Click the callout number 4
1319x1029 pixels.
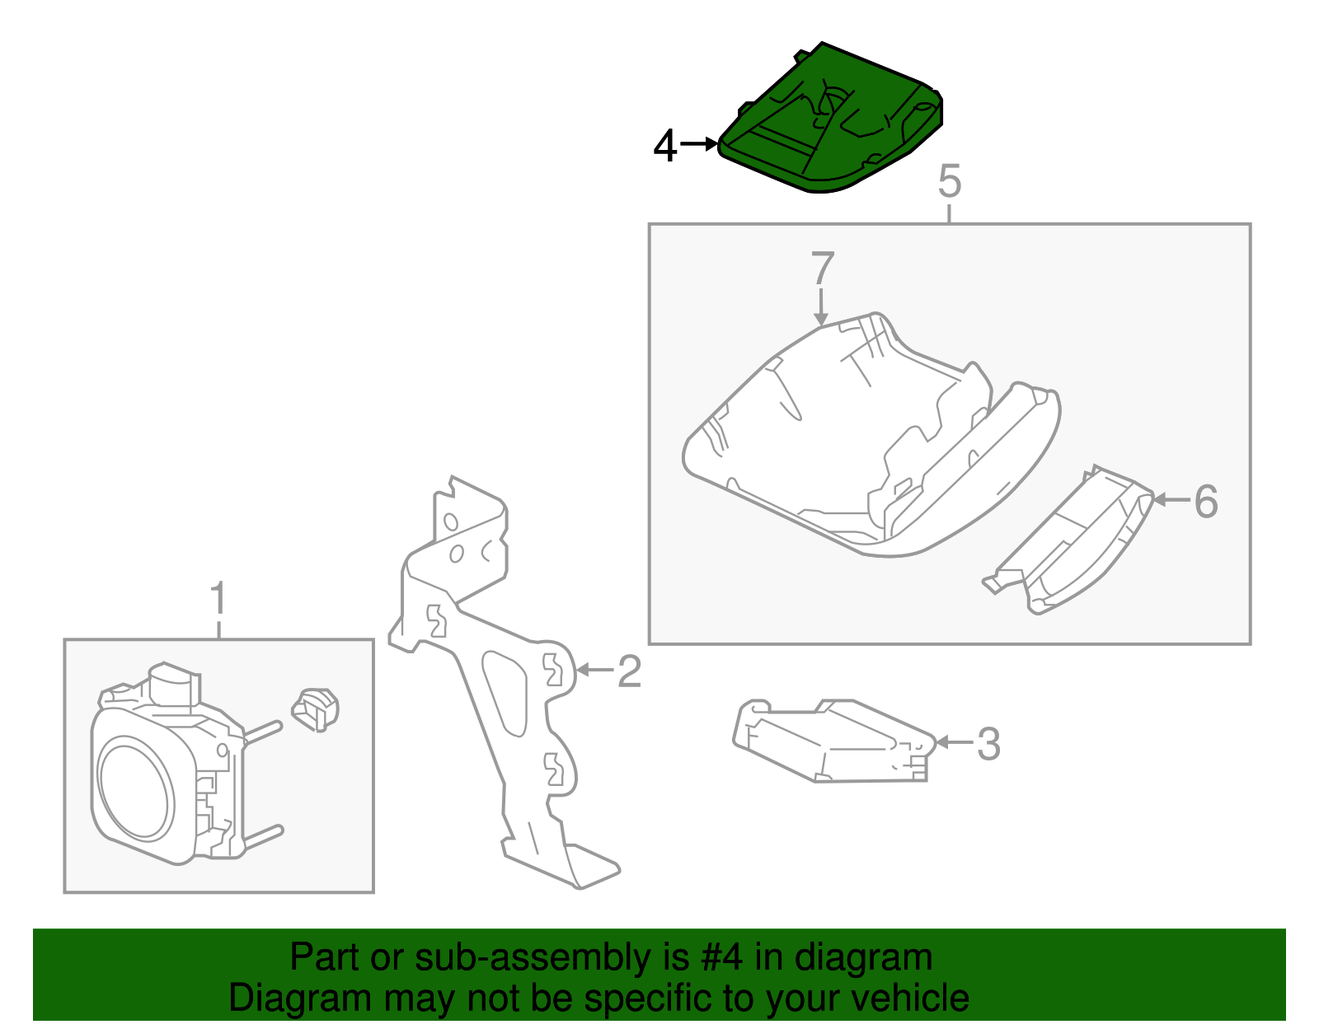point(665,146)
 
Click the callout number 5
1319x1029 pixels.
point(950,180)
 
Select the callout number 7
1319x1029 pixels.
point(822,268)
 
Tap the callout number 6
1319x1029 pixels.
point(1205,502)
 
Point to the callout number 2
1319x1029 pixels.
point(630,671)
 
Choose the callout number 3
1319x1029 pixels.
point(988,743)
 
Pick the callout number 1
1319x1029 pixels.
point(218,598)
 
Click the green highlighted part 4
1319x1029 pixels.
point(831,119)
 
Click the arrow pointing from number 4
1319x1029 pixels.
point(698,144)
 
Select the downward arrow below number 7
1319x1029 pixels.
point(820,307)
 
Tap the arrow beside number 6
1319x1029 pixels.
point(1171,500)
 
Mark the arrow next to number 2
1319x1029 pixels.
point(595,670)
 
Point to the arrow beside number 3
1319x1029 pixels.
point(954,741)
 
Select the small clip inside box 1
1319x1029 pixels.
point(315,709)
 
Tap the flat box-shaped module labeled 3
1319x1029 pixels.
point(834,741)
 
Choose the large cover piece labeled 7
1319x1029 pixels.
point(871,435)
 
